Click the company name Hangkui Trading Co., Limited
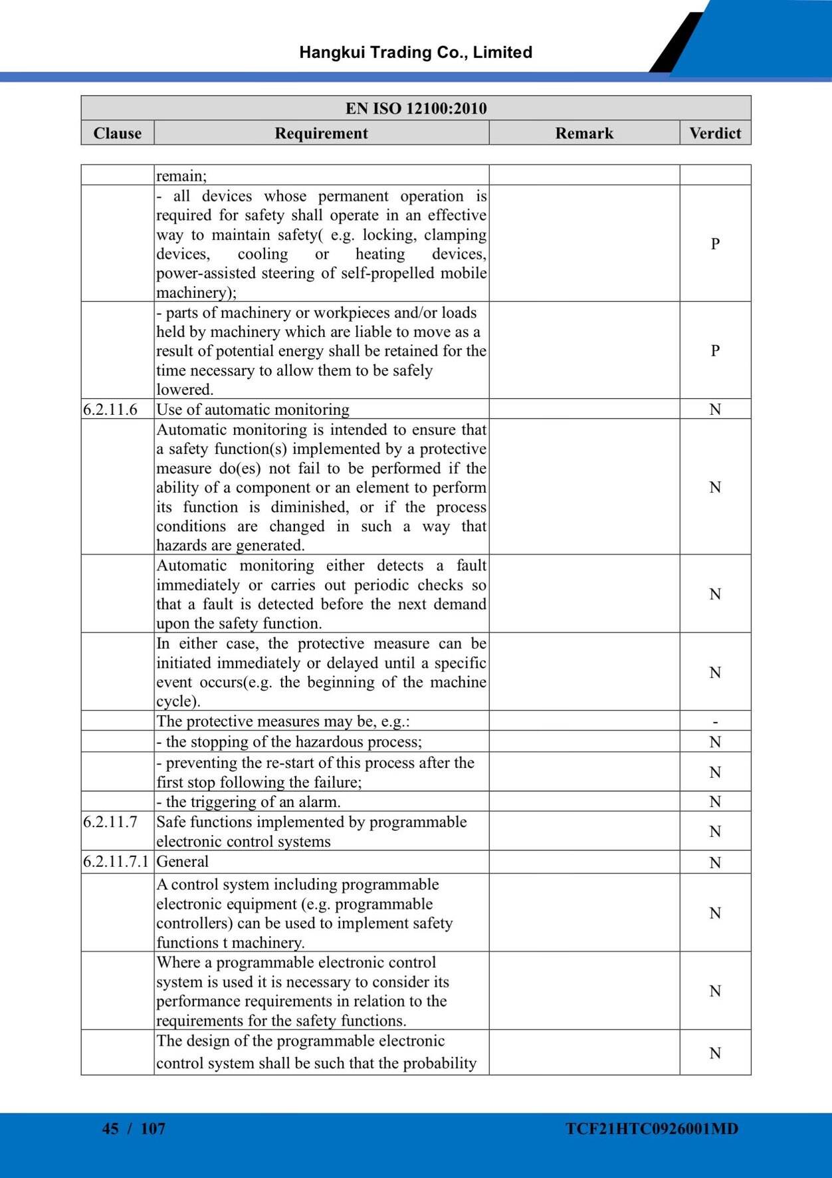tap(415, 53)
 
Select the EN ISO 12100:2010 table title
tap(416, 108)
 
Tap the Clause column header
tap(118, 133)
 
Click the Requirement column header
tap(321, 133)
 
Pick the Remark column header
tap(584, 133)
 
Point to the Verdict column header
tap(715, 133)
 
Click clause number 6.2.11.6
tap(110, 410)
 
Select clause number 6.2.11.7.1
tap(116, 862)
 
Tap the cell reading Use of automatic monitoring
tap(253, 410)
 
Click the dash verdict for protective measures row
tap(715, 721)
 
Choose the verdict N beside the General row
tap(715, 863)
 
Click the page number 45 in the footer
tap(110, 1128)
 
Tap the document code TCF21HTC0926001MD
tap(652, 1128)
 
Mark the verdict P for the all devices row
tap(715, 244)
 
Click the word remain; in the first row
tap(181, 176)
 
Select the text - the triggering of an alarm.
tap(249, 802)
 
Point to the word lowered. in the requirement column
tap(185, 390)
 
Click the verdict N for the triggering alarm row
tap(715, 802)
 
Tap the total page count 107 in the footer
tap(153, 1128)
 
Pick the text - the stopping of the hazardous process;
tap(289, 742)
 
